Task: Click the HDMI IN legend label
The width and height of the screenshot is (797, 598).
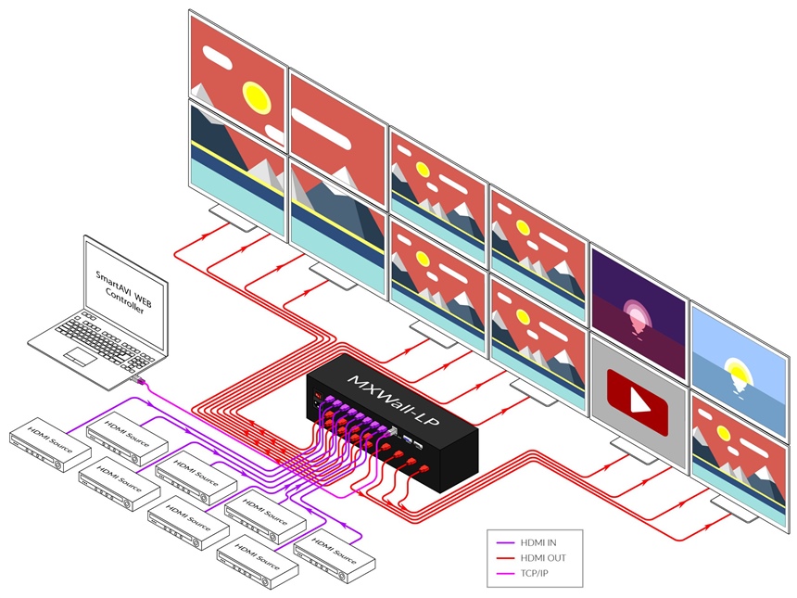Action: click(538, 543)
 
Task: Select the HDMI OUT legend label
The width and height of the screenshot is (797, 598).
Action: click(543, 558)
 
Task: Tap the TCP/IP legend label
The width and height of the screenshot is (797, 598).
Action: click(534, 574)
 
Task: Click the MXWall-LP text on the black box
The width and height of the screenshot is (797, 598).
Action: click(394, 401)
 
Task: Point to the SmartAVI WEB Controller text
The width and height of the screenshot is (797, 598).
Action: click(123, 292)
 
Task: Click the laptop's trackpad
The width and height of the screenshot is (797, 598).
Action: click(80, 355)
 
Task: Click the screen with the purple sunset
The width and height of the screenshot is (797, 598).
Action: click(639, 312)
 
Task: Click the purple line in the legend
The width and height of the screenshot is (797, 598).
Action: click(506, 543)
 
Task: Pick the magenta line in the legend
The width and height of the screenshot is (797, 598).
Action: click(506, 574)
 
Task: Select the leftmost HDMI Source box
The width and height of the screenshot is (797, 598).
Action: click(50, 444)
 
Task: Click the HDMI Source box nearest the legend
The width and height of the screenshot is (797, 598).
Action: click(335, 555)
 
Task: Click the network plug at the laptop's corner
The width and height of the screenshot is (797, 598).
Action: click(137, 379)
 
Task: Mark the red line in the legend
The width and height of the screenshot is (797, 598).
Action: click(506, 559)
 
